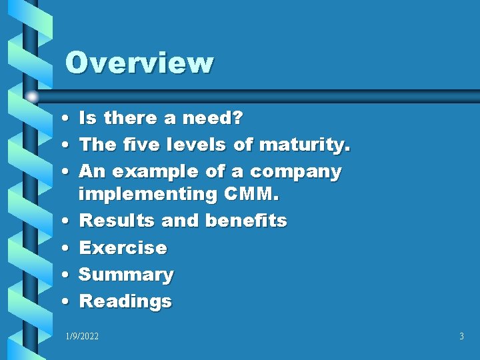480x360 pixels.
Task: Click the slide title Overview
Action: pos(139,63)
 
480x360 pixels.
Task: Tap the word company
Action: pos(295,172)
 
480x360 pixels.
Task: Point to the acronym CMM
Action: pos(257,194)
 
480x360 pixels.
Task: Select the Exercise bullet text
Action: pos(123,247)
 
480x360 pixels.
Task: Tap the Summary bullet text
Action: pos(126,274)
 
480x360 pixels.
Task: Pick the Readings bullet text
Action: pos(125,301)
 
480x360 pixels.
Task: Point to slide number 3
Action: pos(461,337)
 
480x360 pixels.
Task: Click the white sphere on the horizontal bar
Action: pos(33,97)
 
